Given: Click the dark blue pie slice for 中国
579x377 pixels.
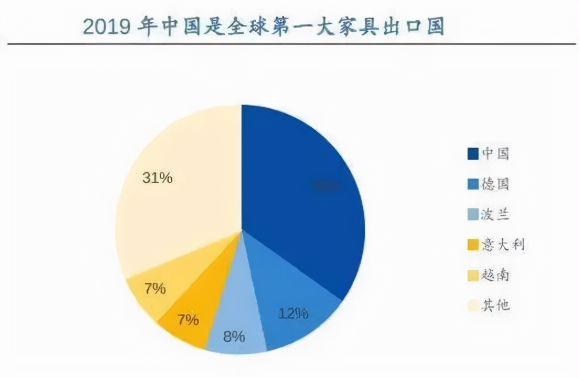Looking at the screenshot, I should pos(299,193).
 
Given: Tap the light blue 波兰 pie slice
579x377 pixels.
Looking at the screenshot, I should pos(236,323).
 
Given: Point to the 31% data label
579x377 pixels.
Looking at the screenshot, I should pos(157,178).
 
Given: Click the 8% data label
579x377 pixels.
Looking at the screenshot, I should pos(234,336).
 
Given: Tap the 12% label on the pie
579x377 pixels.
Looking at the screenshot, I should pos(293,313).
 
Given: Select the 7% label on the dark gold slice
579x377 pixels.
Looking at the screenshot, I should pos(187,319).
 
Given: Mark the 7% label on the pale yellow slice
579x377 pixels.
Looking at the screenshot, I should pos(155,289).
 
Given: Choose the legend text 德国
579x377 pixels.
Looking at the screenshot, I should pos(496,184).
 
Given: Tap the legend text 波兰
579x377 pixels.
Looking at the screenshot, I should pos(496,215).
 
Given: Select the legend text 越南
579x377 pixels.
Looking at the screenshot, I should pos(496,275).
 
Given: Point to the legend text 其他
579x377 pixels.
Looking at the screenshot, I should pos(496,306).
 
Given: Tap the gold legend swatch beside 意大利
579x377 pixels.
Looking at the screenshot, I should pos(473,245).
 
